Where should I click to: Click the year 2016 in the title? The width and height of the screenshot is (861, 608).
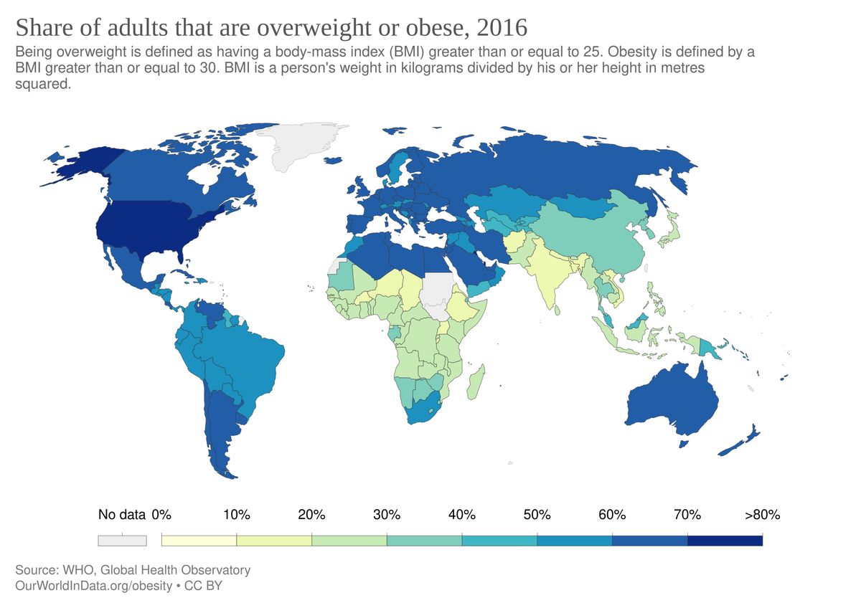coord(502,28)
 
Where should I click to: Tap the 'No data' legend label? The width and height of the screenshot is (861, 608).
coord(122,514)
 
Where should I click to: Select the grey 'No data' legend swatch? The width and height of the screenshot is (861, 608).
coord(122,541)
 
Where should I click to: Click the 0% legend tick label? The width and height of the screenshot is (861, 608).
coord(161,514)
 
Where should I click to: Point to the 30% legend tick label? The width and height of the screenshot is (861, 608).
coord(387,514)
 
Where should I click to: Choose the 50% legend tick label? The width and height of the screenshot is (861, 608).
coord(537,514)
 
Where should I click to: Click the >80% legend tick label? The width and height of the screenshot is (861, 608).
coord(762,514)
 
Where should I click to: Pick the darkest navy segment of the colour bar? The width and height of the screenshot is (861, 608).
coord(725,541)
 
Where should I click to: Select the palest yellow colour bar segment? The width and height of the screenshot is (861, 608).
coord(199,541)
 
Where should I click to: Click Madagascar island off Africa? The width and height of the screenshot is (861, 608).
coord(476,382)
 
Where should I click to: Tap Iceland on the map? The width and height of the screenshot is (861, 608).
coord(333,160)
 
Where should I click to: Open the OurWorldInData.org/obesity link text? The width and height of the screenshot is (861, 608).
coord(94,586)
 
